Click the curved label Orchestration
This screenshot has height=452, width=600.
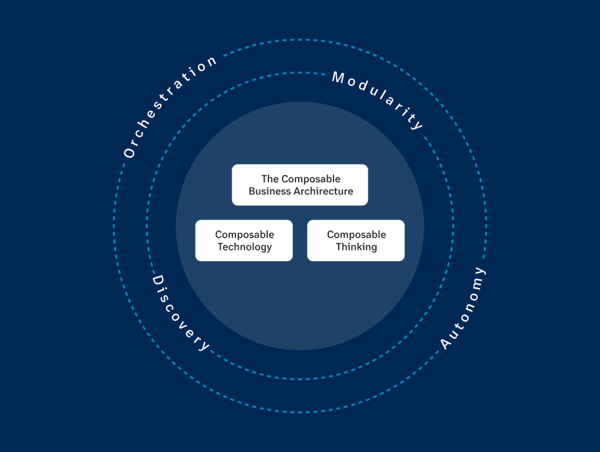pyautogui.click(x=166, y=103)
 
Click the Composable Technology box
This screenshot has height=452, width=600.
pyautogui.click(x=244, y=240)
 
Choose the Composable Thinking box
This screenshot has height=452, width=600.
pyautogui.click(x=356, y=240)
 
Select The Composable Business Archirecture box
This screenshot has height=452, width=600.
pyautogui.click(x=300, y=185)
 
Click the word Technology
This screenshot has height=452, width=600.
pyautogui.click(x=245, y=247)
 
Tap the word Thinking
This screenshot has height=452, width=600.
pyautogui.click(x=356, y=247)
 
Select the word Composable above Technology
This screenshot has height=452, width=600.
pyautogui.click(x=245, y=234)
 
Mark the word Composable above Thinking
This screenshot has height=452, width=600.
pyautogui.click(x=356, y=234)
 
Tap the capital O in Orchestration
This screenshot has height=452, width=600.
pyautogui.click(x=129, y=153)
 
